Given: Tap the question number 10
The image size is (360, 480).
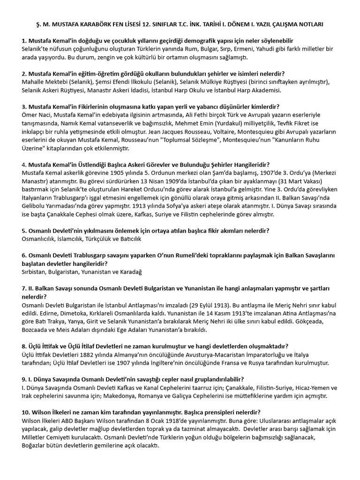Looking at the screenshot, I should [26, 412].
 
